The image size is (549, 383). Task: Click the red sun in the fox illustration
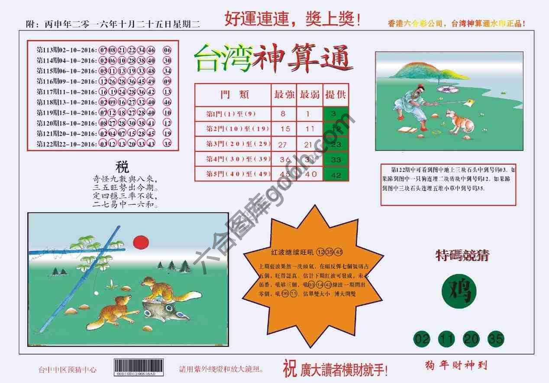tap(141, 242)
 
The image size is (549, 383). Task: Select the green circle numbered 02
tap(422, 339)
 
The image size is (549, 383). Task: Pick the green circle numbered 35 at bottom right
tap(496, 339)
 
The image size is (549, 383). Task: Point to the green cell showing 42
tap(336, 175)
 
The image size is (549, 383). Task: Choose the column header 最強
tap(284, 95)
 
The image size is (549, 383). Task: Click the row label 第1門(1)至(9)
tap(231, 114)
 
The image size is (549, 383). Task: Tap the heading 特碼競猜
tap(462, 255)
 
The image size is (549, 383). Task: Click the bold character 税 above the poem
tap(122, 167)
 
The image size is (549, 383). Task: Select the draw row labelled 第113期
tap(104, 50)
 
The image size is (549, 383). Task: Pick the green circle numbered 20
tap(471, 339)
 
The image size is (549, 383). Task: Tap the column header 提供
tap(336, 95)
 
